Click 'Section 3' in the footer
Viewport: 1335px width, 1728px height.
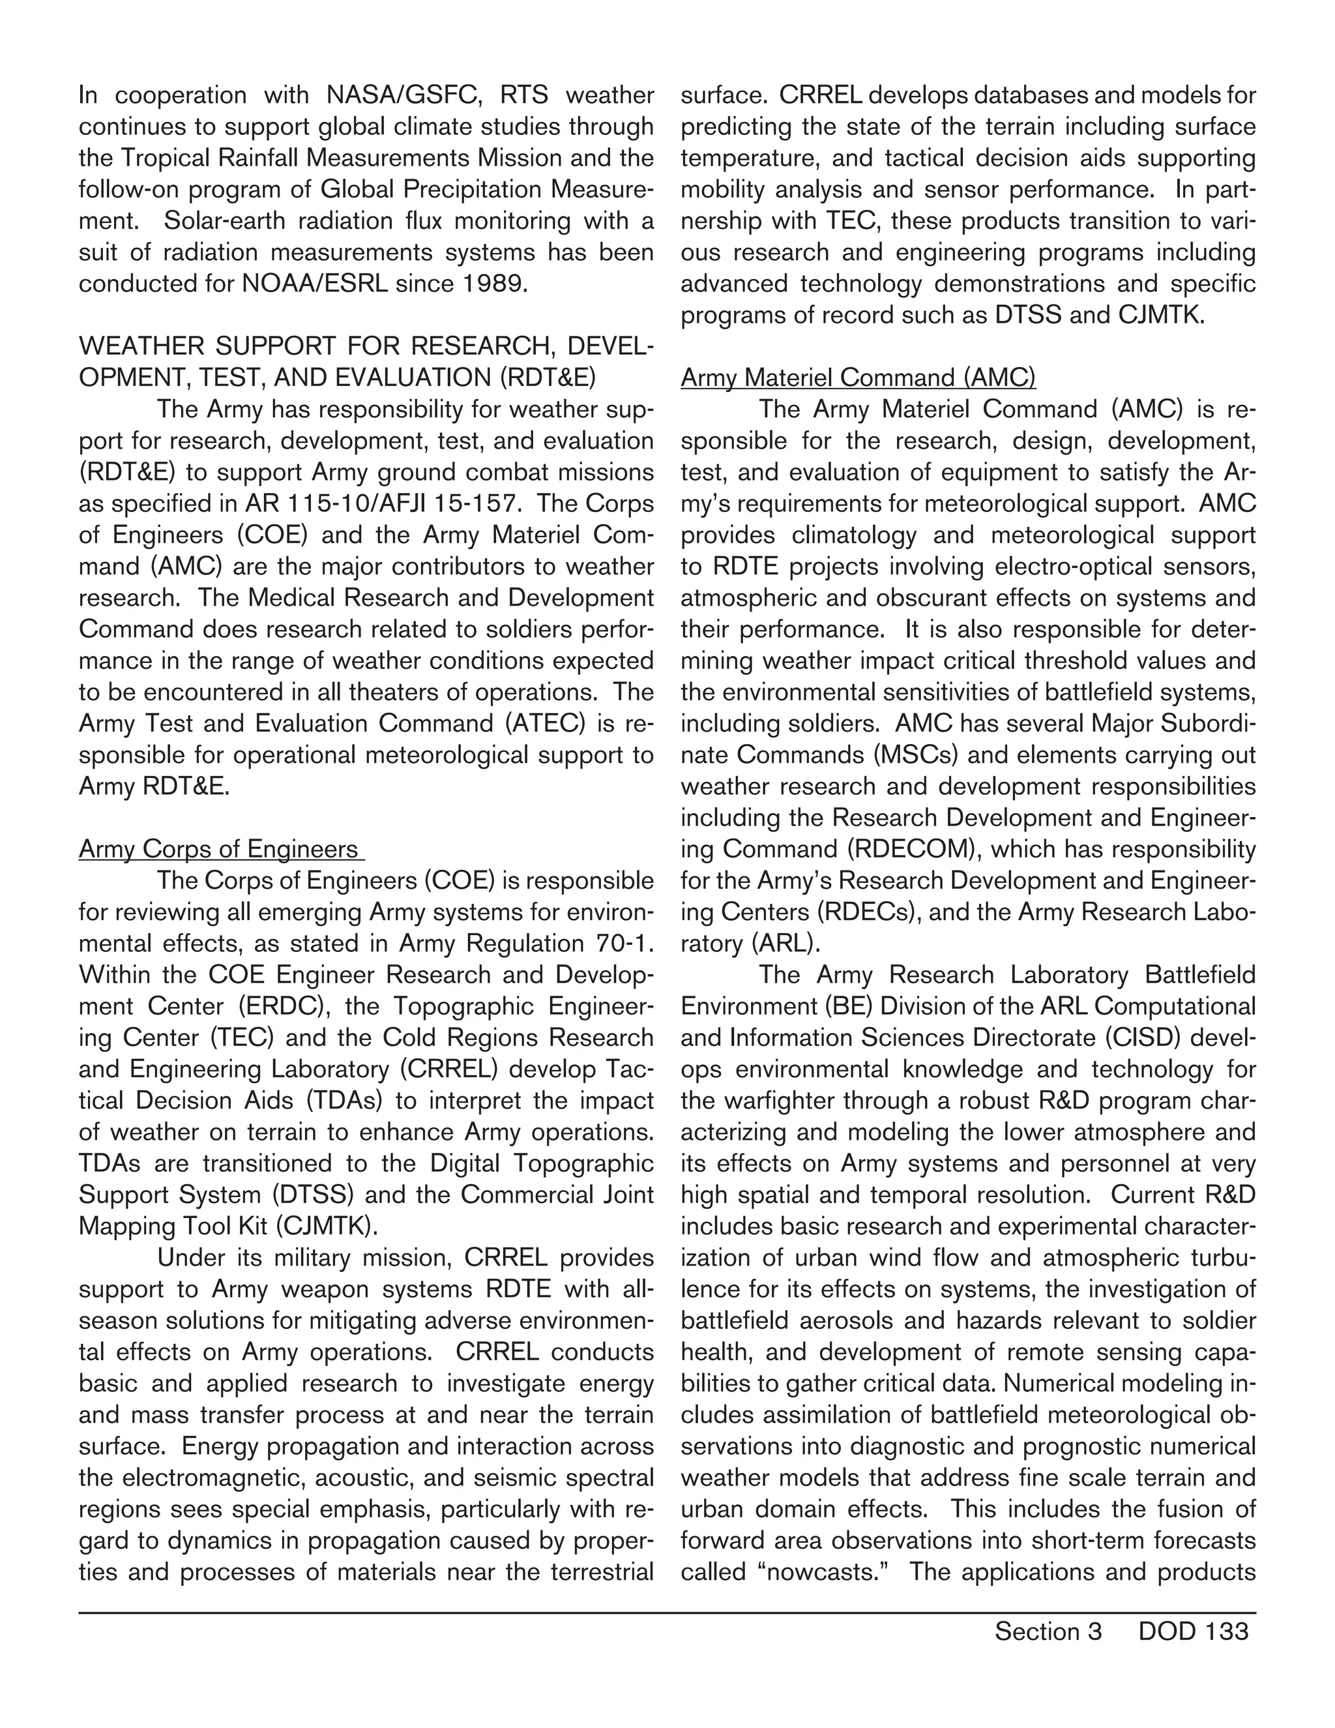[x=1048, y=1631]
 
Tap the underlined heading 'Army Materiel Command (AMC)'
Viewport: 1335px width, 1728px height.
[x=858, y=378]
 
